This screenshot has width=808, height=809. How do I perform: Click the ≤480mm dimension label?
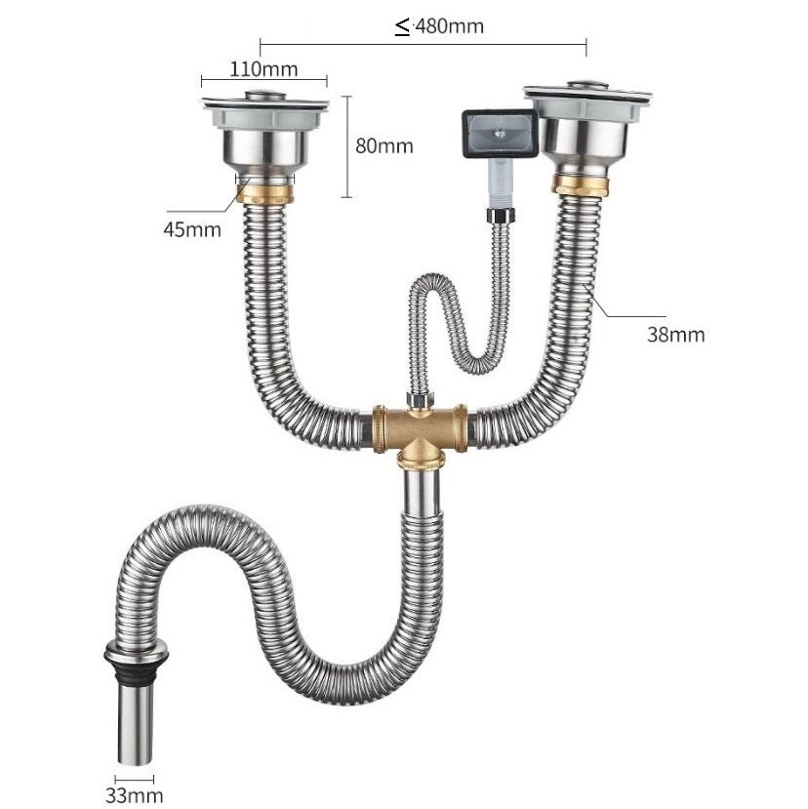[439, 25]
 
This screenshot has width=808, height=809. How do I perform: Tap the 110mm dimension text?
[263, 69]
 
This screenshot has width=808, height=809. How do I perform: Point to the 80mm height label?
[384, 146]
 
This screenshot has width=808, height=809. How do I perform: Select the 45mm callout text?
[192, 229]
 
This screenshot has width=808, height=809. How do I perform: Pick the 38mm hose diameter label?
[676, 335]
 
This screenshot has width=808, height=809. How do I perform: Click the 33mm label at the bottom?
[135, 795]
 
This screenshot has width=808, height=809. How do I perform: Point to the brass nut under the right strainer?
[581, 184]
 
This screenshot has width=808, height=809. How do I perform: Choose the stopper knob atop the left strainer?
[264, 96]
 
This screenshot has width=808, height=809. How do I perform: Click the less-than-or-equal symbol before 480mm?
[402, 26]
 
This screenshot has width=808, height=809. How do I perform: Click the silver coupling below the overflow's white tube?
[501, 215]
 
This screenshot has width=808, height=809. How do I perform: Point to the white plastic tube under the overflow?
[501, 182]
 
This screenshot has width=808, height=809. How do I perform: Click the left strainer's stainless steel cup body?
[265, 148]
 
